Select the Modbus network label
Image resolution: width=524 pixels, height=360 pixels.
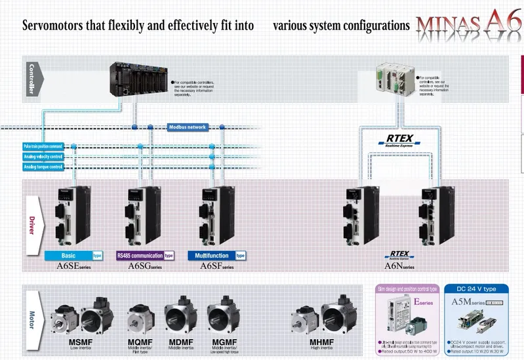point(188,127)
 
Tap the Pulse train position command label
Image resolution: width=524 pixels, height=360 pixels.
point(43,146)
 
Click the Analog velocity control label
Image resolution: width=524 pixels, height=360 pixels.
point(43,157)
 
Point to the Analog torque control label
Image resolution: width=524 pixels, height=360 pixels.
point(43,167)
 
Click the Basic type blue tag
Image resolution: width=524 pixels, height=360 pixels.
point(73,255)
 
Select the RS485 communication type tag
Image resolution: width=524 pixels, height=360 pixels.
point(144,255)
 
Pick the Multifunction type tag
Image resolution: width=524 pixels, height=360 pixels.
point(216,255)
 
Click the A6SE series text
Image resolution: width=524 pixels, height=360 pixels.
point(72,266)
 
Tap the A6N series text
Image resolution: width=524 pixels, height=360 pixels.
point(399,266)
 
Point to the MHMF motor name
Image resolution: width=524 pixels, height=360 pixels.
point(322,342)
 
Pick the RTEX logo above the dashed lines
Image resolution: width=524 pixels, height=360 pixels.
point(399,140)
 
